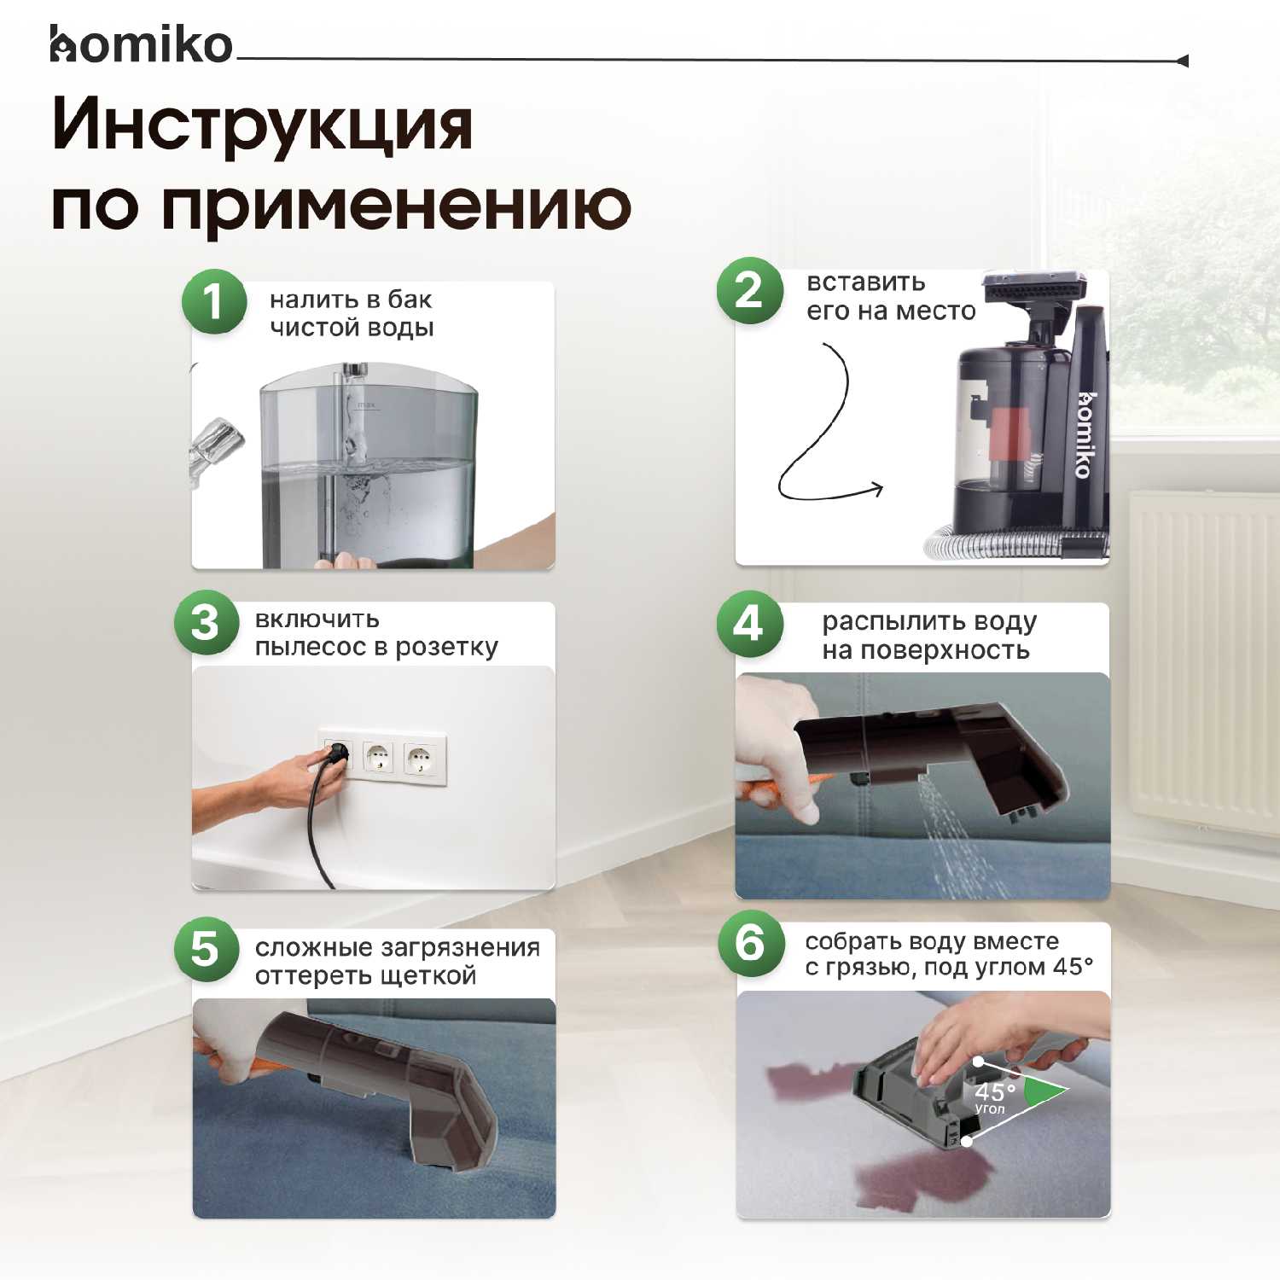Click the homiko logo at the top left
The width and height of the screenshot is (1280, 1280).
point(141,45)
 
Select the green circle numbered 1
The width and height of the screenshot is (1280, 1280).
point(214,302)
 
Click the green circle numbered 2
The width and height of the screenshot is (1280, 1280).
point(749,291)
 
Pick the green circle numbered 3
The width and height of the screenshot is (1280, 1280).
point(206,623)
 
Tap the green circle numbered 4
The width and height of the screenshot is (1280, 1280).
point(749,624)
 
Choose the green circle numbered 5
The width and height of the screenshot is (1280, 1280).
point(206,949)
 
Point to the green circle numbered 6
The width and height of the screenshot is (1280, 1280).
point(750,944)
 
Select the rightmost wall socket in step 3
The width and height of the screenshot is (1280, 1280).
point(419,757)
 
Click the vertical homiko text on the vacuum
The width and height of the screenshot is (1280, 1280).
point(1085,434)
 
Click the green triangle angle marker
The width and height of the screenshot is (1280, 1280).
point(1044,1091)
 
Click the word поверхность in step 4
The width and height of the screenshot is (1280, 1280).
point(945,651)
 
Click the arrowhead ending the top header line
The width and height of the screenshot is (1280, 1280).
point(1182,61)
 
